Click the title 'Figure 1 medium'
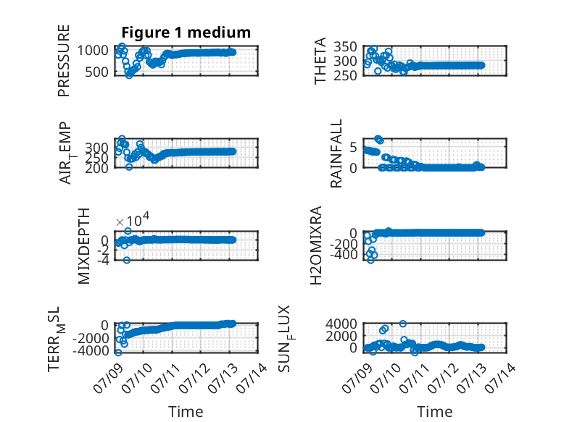[186, 33]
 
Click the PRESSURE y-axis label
[63, 61]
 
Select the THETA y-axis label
[320, 61]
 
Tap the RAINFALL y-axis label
[336, 153]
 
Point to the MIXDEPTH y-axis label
[83, 246]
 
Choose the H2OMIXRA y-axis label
[315, 245]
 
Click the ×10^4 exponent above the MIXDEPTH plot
[133, 220]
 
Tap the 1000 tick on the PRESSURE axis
[93, 51]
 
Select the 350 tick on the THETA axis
[345, 47]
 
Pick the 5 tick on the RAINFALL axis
[353, 147]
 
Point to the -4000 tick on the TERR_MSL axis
[91, 350]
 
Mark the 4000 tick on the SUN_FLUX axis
[341, 324]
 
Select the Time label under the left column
[186, 412]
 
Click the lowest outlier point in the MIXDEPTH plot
[127, 260]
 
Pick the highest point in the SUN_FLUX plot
[403, 324]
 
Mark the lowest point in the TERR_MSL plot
[118, 353]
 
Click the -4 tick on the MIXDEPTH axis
[103, 261]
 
